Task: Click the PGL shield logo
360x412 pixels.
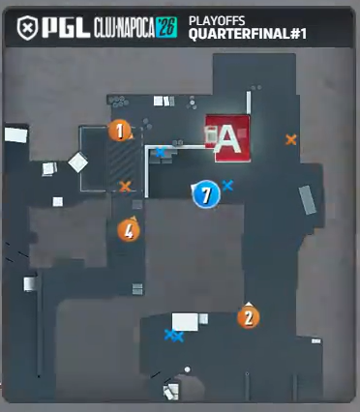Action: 27,28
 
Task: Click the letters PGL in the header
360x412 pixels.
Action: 67,27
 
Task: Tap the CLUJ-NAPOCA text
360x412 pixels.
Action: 125,28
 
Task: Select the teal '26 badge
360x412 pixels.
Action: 166,27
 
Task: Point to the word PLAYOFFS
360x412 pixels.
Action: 217,21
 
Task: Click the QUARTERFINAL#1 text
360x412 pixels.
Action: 248,34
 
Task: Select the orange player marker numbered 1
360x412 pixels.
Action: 120,131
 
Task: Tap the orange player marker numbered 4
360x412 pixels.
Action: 129,230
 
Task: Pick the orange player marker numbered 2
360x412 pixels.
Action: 249,317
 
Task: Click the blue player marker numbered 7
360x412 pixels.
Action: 206,194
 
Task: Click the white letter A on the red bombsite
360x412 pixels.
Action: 228,139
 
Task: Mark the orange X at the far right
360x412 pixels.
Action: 291,139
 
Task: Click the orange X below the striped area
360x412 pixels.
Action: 125,187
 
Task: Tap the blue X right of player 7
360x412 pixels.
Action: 227,186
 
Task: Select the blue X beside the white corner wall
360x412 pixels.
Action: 161,152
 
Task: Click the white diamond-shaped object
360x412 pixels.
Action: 78,162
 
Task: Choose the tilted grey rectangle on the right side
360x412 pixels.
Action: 308,200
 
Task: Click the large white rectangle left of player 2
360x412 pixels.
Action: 185,321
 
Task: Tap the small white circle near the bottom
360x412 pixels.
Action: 187,369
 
